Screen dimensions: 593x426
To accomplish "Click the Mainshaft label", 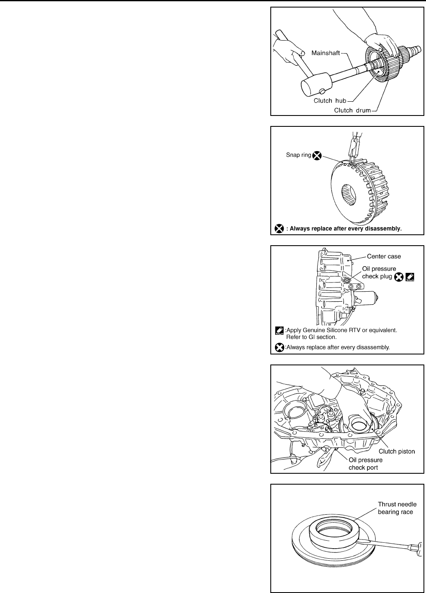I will click(x=326, y=53).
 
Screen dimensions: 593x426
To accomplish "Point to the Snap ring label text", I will click(x=298, y=155).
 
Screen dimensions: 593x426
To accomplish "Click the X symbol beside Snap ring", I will click(x=317, y=156).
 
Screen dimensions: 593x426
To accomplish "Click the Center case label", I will click(x=384, y=257).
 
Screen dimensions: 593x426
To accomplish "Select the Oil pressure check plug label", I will click(x=379, y=272).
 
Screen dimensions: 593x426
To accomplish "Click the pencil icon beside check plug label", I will click(x=410, y=277).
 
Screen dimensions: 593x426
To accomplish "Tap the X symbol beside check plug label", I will click(x=399, y=277).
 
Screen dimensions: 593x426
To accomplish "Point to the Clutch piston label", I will click(x=397, y=451).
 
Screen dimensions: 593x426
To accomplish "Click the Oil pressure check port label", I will click(x=365, y=464).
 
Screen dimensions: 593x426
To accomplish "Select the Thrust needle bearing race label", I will click(x=395, y=508).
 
